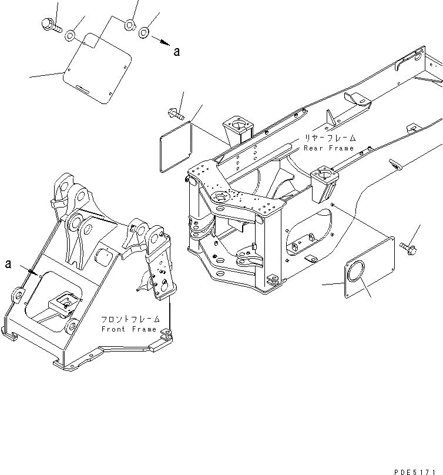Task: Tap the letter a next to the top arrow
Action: pyautogui.click(x=176, y=52)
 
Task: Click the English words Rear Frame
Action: pyautogui.click(x=329, y=149)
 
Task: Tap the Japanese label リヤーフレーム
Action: pyautogui.click(x=330, y=139)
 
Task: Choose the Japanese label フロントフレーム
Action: pyautogui.click(x=129, y=320)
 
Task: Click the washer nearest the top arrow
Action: pyautogui.click(x=144, y=32)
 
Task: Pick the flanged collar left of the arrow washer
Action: pyautogui.click(x=129, y=25)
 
